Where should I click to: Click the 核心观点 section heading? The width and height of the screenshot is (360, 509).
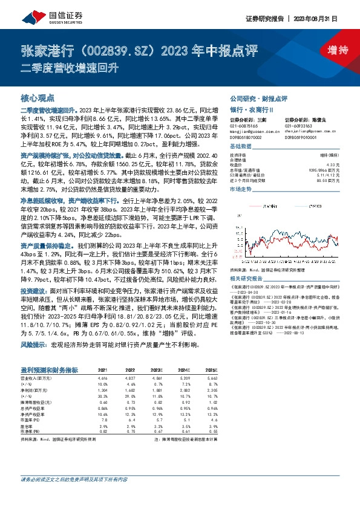[38, 97]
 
